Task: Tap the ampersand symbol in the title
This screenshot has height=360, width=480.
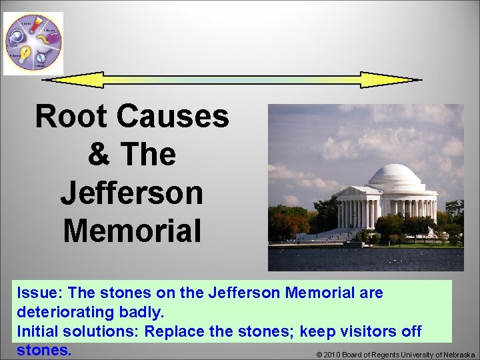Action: (x=99, y=155)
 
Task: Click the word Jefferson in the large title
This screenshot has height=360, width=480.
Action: (x=131, y=193)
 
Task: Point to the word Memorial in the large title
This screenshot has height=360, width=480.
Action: (x=131, y=231)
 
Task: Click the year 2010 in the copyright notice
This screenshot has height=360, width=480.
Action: (x=335, y=355)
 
